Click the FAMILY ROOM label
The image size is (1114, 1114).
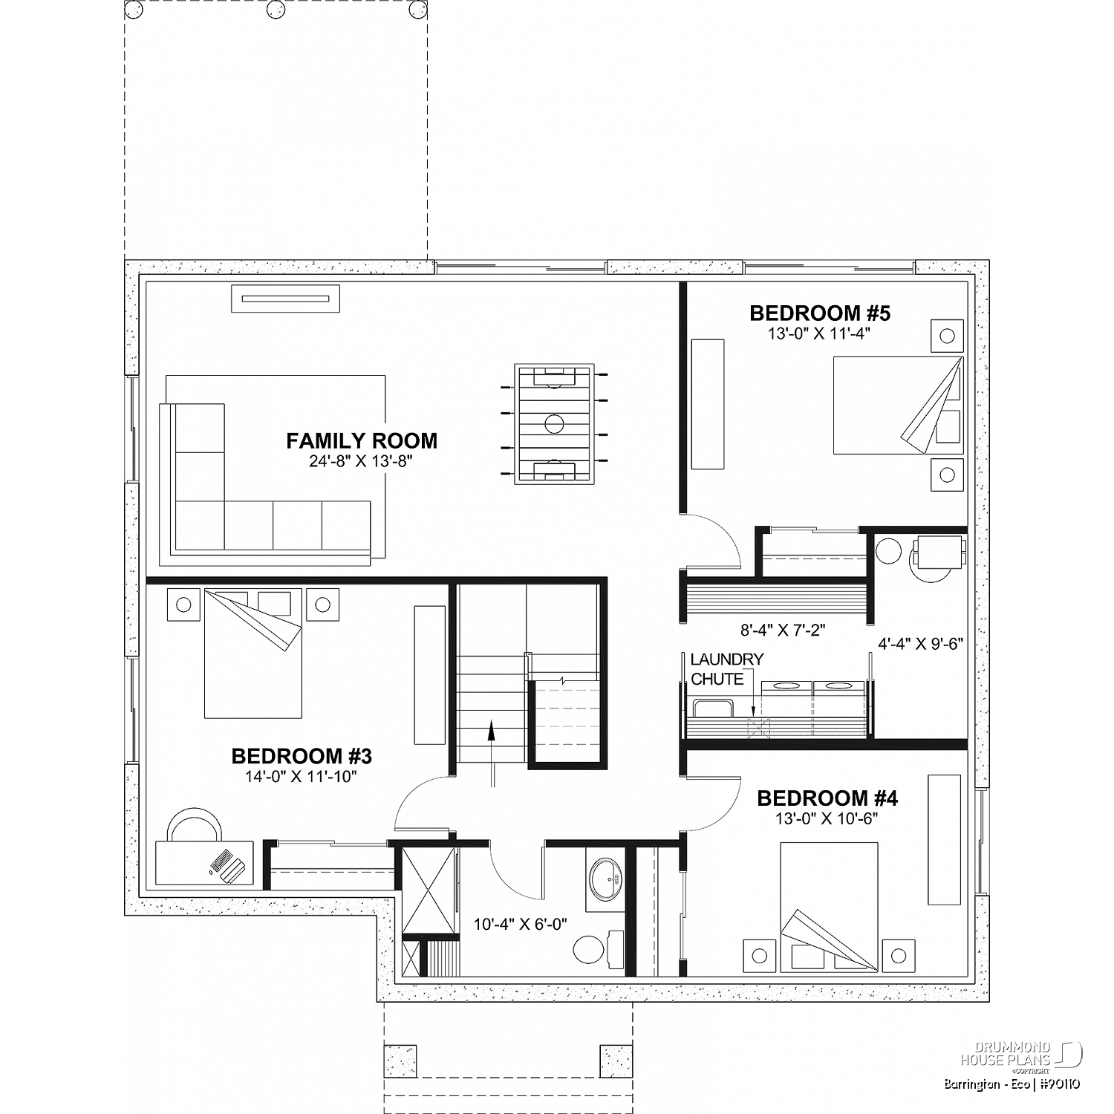coord(362,440)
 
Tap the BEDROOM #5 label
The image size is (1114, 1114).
coord(819,313)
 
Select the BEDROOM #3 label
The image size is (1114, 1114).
coord(302,756)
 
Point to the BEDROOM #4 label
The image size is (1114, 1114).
coord(827,798)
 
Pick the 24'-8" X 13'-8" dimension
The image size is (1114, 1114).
coord(361,461)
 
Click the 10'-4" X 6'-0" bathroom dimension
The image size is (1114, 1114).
coord(521,924)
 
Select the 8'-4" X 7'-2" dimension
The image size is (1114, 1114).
coord(783,630)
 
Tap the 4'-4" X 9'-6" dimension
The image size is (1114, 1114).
coord(920,644)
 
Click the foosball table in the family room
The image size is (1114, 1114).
coord(554,423)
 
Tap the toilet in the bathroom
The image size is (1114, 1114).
coord(598,948)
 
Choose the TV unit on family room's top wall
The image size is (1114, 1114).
coord(286,299)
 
